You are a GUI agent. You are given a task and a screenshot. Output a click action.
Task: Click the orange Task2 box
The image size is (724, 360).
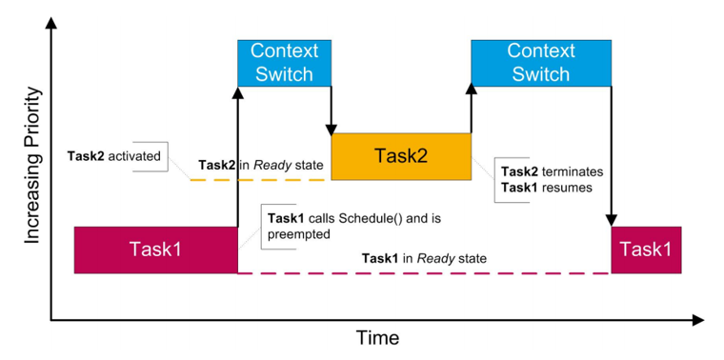tap(401, 156)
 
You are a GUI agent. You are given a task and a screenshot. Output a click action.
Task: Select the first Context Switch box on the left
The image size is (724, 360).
tap(283, 61)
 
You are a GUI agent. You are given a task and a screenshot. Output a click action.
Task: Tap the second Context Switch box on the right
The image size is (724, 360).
tap(540, 61)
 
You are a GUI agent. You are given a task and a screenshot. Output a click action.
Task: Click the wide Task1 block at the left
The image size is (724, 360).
tap(155, 250)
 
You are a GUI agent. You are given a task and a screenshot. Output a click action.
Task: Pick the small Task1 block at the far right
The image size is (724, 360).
tap(646, 250)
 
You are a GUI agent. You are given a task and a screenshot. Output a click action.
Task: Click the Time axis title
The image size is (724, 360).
tap(377, 337)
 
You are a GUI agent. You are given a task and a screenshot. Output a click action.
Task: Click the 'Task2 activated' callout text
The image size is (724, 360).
tap(114, 154)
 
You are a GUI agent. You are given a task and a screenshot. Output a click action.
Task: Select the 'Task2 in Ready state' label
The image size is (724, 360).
tap(261, 165)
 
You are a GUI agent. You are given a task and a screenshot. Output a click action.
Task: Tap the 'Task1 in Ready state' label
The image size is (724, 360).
tap(424, 258)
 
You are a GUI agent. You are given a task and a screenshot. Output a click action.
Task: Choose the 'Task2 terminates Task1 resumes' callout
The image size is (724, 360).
tap(547, 179)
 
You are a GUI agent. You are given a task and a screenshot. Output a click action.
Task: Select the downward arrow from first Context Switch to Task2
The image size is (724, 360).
tap(332, 109)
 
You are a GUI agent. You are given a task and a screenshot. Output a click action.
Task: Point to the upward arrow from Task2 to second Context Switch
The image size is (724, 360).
tap(472, 109)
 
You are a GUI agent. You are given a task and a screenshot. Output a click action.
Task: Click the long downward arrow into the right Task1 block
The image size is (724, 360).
tap(611, 152)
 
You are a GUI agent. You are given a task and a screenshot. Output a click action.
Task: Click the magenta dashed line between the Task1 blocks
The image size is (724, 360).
tap(424, 273)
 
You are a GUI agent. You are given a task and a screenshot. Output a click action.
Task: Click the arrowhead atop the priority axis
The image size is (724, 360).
tap(50, 21)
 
